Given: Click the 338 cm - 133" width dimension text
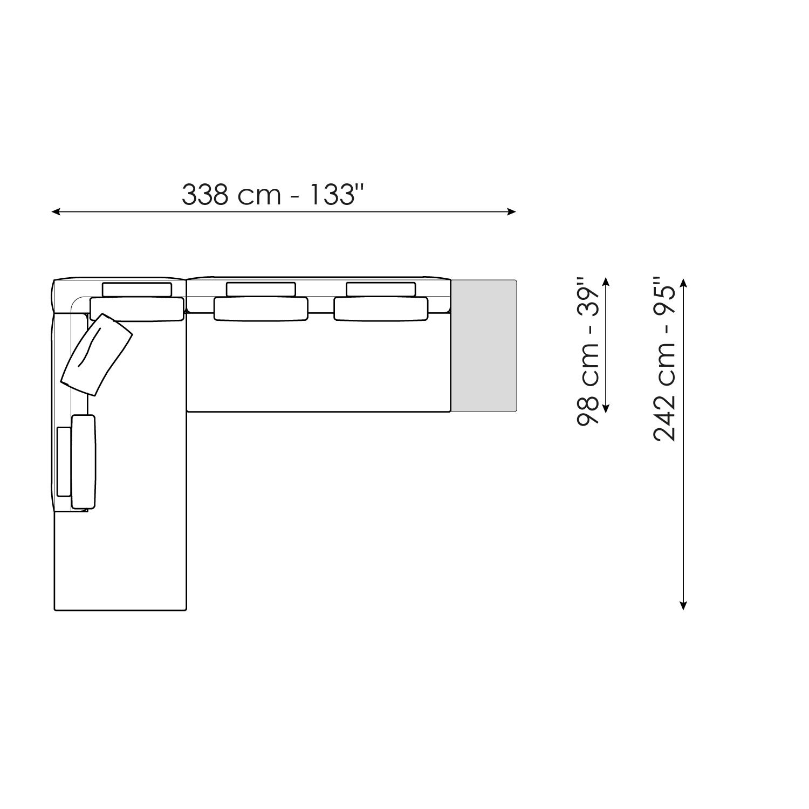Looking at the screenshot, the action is tap(273, 195).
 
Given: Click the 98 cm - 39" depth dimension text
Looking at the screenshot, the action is tap(588, 352).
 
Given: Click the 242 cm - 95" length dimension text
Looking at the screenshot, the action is tap(664, 360).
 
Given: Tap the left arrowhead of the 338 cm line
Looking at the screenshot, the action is tap(55, 212).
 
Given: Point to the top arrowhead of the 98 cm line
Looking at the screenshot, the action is tap(606, 281).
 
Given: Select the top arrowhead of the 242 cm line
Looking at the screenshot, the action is tap(683, 282).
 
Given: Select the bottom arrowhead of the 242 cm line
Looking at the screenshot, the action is tap(683, 606).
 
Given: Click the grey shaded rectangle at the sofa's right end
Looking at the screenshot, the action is tap(483, 345).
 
